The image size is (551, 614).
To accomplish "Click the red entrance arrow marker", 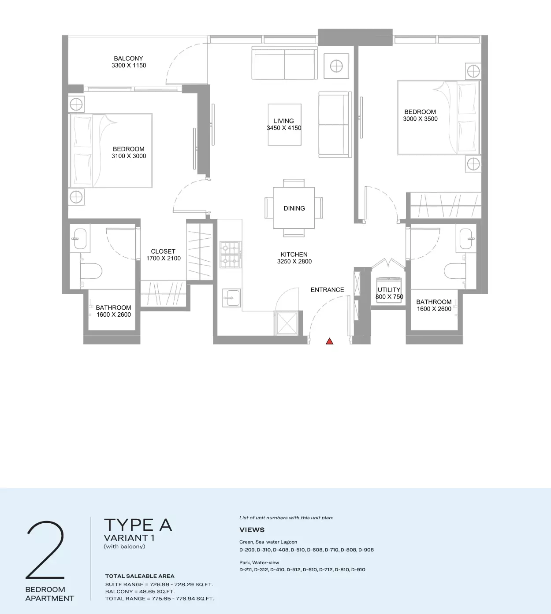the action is [x=330, y=341].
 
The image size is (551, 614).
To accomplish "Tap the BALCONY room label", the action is [x=128, y=58].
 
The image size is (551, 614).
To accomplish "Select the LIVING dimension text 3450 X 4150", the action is [x=284, y=128].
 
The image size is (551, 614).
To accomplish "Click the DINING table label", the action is [x=294, y=208].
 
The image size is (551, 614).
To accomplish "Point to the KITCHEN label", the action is [x=294, y=255].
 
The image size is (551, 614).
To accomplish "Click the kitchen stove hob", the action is [x=231, y=255].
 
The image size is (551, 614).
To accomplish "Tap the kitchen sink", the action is [x=231, y=298].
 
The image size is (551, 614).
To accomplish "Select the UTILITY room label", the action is [x=389, y=290].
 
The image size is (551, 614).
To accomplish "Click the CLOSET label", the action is [x=163, y=252].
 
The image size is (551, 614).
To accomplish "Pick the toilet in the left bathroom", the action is [x=91, y=270].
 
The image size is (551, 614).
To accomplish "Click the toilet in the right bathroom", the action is [x=454, y=270].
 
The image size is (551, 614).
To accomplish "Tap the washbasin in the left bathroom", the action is [x=80, y=238].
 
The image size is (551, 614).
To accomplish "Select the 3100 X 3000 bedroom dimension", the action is [x=129, y=156].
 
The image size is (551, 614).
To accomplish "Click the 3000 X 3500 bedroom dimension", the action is [x=420, y=119].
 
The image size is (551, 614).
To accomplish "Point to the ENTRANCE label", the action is [x=327, y=290].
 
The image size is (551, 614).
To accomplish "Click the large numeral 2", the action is [x=45, y=550].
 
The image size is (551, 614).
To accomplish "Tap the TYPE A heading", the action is [x=138, y=525].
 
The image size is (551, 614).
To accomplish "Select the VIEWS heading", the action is [x=252, y=530].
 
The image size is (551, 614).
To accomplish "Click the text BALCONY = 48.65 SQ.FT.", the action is [x=140, y=591].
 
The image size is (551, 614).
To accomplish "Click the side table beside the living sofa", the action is [x=336, y=66].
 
